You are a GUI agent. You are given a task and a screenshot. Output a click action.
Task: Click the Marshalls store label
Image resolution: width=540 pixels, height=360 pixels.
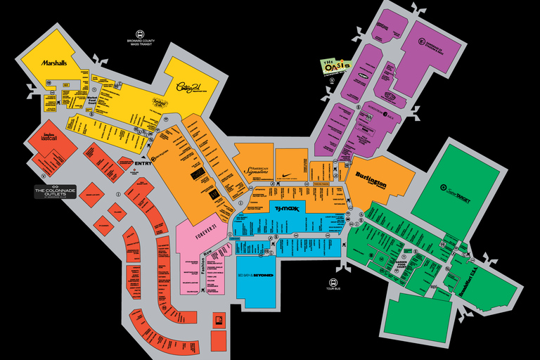coord(53,63)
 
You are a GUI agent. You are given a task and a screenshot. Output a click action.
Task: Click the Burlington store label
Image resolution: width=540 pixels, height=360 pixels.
coord(371,176)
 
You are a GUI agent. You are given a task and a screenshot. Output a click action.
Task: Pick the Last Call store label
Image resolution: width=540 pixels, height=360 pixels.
coord(49,139)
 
